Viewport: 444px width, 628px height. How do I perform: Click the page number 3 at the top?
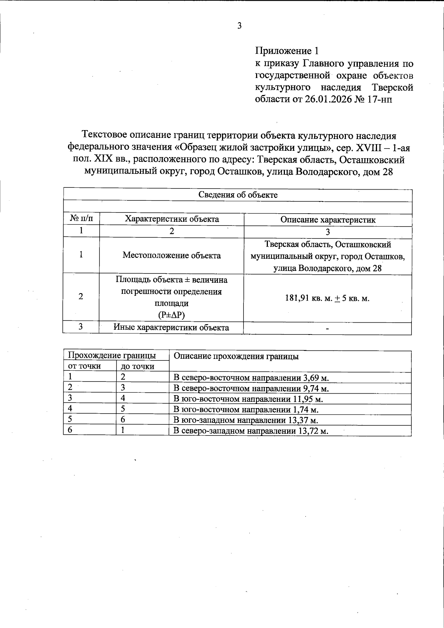coord(239,26)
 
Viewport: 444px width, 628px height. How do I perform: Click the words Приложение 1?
coord(287,51)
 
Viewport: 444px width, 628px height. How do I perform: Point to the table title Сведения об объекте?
coord(238,195)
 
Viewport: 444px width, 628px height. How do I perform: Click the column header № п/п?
coord(81,219)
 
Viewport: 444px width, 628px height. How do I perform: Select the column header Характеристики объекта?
coord(172,219)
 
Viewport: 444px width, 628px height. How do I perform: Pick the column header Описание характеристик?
coord(328,220)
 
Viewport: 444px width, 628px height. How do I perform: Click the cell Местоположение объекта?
coord(172,255)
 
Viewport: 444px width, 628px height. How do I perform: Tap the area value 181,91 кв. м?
coord(309,298)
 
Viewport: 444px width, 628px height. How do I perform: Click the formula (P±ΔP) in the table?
coord(171,315)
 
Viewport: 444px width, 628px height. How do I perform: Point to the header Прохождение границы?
coord(112,356)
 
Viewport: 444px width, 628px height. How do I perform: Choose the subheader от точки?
coord(84,366)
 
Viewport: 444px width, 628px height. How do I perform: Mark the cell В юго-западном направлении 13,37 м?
coord(246,420)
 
